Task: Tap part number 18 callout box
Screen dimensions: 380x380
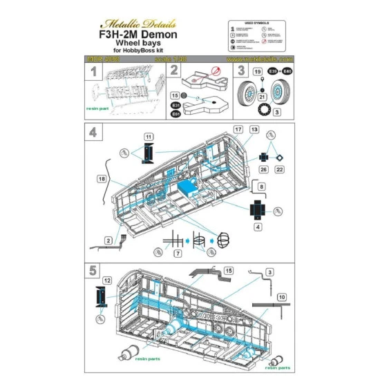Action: pyautogui.click(x=103, y=178)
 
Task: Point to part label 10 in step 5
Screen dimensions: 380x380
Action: pyautogui.click(x=281, y=297)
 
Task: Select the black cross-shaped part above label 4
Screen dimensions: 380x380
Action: pyautogui.click(x=256, y=207)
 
